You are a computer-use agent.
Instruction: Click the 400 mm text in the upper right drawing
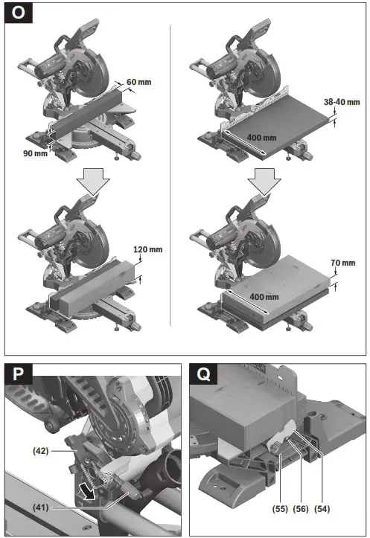(x=261, y=138)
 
